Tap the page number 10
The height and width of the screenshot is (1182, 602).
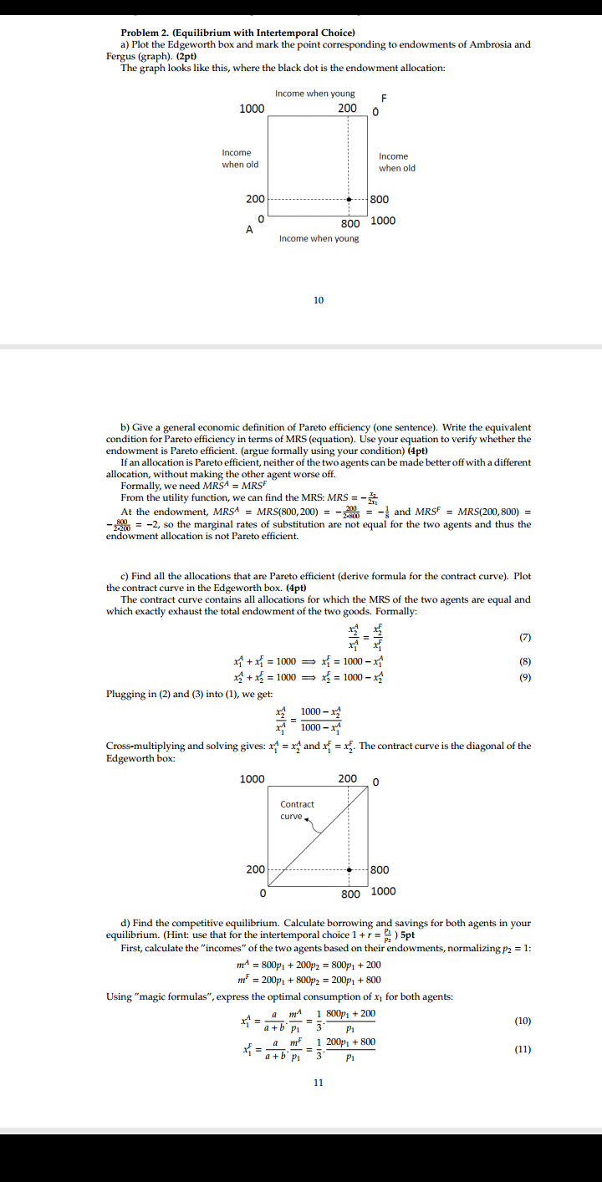click(318, 299)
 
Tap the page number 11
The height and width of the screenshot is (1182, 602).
click(318, 1082)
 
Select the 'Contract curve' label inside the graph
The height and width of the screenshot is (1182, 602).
click(297, 809)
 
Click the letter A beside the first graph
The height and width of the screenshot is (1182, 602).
click(248, 230)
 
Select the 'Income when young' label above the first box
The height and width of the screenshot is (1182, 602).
click(314, 94)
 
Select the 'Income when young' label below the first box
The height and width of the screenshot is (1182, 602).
click(319, 239)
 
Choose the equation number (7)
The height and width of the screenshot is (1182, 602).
click(525, 639)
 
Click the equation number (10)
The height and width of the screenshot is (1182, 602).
click(523, 1021)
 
